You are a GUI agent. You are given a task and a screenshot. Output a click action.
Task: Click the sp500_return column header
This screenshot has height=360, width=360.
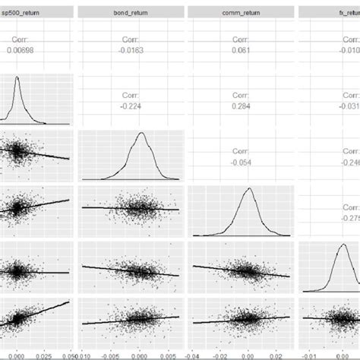point(26,12)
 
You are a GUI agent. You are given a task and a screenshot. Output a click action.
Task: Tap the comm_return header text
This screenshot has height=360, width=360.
point(241,12)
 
